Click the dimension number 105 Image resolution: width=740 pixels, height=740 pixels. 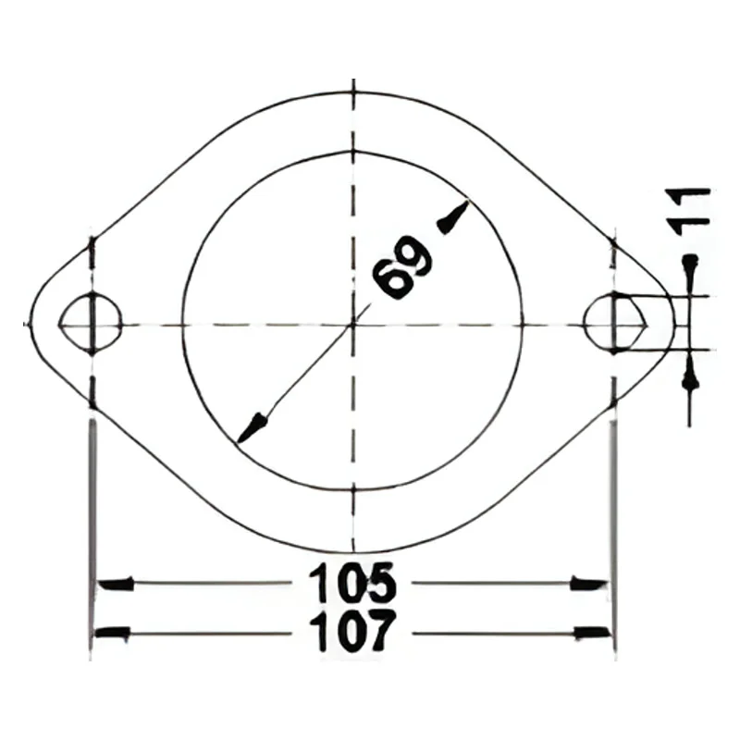click(x=351, y=583)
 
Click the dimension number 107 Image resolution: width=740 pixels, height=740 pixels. click(x=351, y=632)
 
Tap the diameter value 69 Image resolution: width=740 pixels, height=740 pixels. click(x=402, y=267)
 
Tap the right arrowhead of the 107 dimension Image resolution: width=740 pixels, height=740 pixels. click(x=593, y=633)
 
